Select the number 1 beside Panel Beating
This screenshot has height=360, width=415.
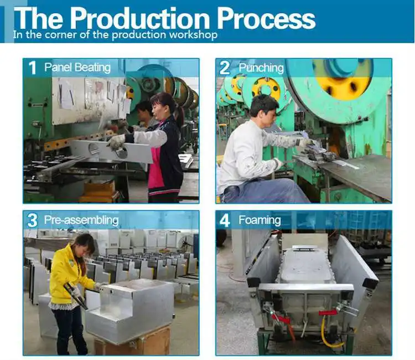(x=32, y=68)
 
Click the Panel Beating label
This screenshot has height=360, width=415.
(x=77, y=68)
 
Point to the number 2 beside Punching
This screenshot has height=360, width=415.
(x=225, y=68)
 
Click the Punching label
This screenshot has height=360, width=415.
(x=261, y=68)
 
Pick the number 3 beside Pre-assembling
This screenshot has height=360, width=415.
(x=32, y=220)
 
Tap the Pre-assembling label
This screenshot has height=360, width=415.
(x=81, y=220)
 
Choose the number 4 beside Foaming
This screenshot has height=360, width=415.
(x=225, y=220)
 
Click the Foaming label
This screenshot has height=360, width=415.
(x=260, y=220)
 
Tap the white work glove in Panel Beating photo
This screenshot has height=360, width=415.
(x=117, y=142)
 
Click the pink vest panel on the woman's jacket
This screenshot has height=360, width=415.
(x=157, y=167)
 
